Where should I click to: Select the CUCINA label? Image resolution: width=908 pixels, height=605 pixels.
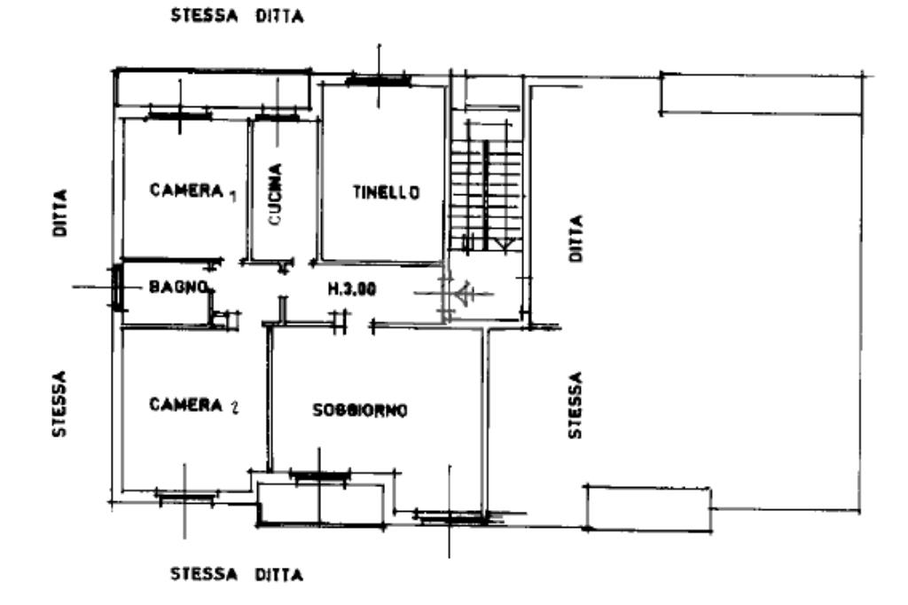[x=276, y=194]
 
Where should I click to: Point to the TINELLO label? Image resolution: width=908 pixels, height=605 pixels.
[x=385, y=192]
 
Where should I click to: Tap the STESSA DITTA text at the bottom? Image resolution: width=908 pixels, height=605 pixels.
[x=237, y=574]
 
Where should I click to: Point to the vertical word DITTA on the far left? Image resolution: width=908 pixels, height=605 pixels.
[x=60, y=212]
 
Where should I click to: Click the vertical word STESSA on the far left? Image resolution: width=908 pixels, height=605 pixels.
[x=59, y=404]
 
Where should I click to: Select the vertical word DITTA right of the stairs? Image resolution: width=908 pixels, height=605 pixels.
[x=576, y=237]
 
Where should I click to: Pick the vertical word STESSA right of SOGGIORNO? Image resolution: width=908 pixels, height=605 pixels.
[x=576, y=405]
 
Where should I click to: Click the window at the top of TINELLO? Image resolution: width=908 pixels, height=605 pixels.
[x=379, y=81]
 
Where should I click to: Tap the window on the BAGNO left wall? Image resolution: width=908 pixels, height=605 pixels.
[x=116, y=287]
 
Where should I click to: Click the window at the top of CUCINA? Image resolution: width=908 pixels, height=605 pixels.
[x=276, y=117]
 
